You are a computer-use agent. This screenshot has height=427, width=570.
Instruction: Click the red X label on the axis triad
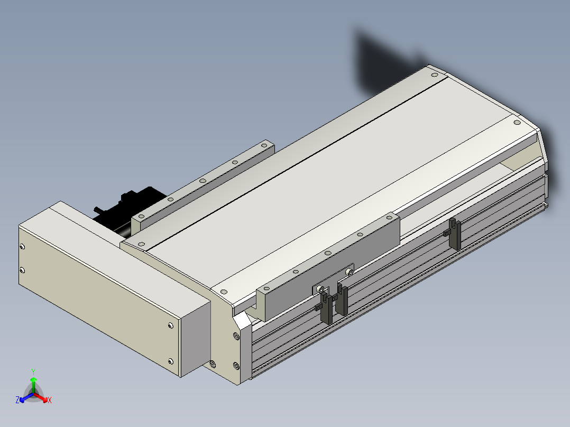(x=50, y=400)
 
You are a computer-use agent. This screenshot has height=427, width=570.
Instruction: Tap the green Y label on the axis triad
(x=33, y=372)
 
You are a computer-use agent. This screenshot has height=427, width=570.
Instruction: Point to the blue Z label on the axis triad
(x=17, y=400)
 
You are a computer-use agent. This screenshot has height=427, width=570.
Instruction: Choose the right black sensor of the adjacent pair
(x=341, y=300)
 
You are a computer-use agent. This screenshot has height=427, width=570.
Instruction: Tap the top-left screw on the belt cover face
(x=22, y=247)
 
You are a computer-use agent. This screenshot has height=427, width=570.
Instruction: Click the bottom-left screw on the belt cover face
(x=22, y=271)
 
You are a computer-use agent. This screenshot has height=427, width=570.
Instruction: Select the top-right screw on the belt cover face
(x=171, y=326)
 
